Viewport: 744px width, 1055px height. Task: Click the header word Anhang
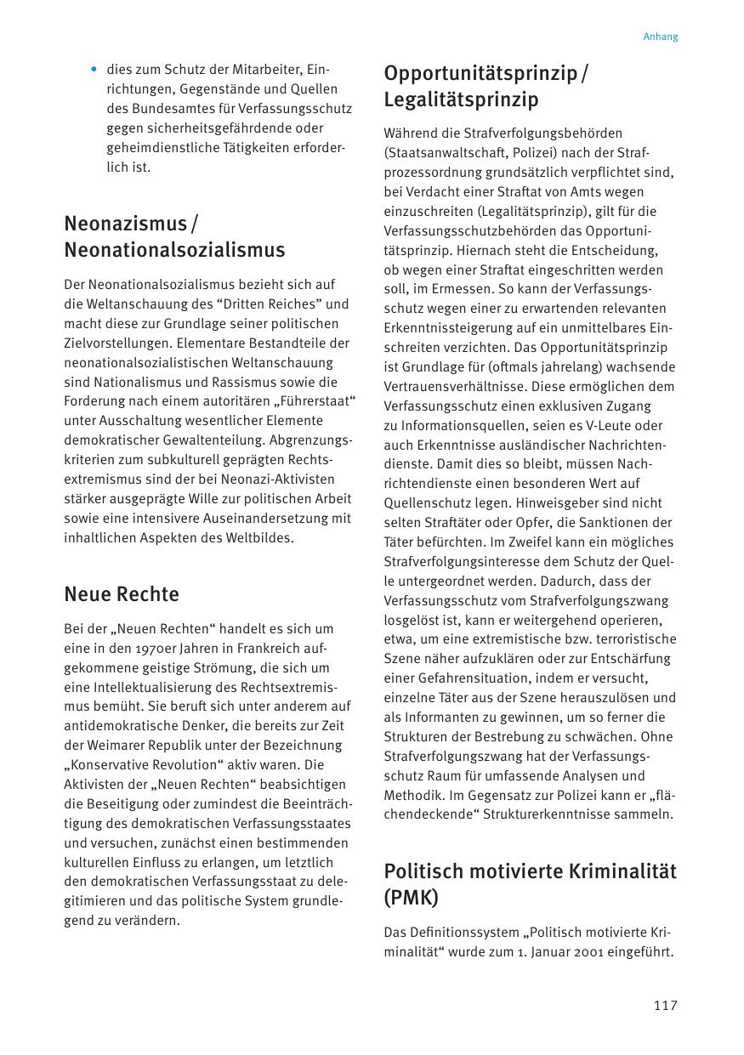[660, 37]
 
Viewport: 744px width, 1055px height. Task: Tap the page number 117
[665, 1006]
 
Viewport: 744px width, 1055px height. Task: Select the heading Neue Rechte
[122, 593]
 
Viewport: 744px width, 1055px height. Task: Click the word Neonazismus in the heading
[125, 224]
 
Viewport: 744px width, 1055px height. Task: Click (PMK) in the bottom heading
[410, 898]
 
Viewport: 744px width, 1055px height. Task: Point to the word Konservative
[111, 765]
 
